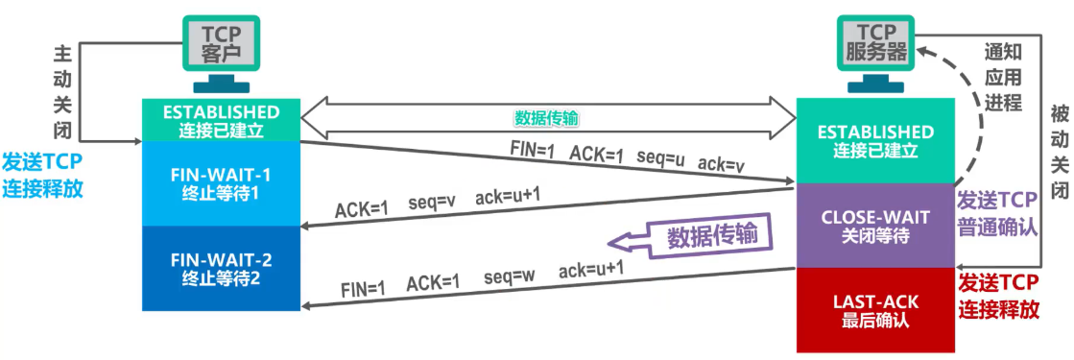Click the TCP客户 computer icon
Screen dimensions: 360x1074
pyautogui.click(x=222, y=48)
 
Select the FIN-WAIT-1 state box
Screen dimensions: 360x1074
pyautogui.click(x=223, y=182)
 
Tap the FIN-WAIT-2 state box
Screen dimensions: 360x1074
pyautogui.click(x=223, y=269)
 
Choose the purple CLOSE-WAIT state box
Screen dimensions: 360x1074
pyautogui.click(x=875, y=227)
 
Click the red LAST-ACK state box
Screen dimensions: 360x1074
pyautogui.click(x=875, y=310)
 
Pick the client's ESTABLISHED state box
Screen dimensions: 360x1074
pyautogui.click(x=222, y=120)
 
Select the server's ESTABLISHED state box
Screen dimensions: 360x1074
pyautogui.click(x=875, y=140)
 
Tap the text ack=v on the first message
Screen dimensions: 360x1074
pyautogui.click(x=721, y=165)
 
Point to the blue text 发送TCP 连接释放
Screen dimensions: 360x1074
pyautogui.click(x=42, y=174)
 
